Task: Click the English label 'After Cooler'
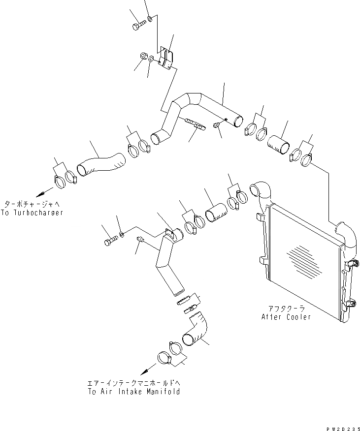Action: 286,317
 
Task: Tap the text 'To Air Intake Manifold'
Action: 133,392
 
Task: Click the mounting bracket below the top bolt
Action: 166,58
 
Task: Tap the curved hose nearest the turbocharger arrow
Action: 101,165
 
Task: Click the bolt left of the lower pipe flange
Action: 110,241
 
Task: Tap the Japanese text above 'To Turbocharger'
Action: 34,204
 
